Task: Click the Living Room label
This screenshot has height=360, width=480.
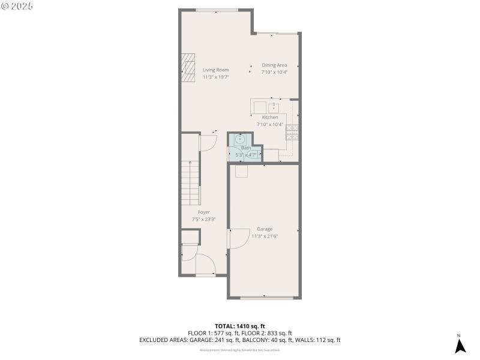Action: (215, 70)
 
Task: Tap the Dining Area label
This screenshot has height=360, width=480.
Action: (274, 65)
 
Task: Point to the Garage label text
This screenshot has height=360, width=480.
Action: (265, 229)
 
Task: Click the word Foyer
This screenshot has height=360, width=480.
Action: (204, 212)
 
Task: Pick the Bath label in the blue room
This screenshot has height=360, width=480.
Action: (246, 148)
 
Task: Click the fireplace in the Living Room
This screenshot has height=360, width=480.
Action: (188, 67)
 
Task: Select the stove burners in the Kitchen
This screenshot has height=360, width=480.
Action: (292, 132)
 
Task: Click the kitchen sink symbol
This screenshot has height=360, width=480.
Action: (274, 108)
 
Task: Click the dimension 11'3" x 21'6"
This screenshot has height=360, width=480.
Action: (265, 236)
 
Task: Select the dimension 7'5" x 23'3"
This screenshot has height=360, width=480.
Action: (204, 219)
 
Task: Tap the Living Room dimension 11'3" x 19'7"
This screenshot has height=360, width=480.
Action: (215, 77)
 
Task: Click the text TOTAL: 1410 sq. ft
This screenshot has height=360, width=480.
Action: (240, 326)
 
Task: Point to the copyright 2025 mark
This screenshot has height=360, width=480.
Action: (17, 6)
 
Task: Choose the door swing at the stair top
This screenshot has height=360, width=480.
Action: (207, 143)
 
